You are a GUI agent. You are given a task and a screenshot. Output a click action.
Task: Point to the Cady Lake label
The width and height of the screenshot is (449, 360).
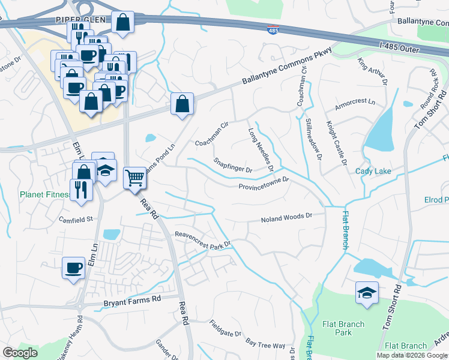tap(373, 172)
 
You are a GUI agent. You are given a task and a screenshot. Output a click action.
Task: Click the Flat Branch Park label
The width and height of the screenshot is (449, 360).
tap(343, 328)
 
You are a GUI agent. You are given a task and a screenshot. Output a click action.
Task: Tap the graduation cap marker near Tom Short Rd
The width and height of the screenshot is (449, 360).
tap(367, 293)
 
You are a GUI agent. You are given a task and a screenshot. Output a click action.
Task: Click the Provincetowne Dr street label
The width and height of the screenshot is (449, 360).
tap(264, 182)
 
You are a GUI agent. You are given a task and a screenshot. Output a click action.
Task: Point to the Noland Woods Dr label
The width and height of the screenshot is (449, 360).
tap(287, 219)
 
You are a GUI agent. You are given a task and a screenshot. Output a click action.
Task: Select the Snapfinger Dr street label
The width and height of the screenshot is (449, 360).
tap(233, 166)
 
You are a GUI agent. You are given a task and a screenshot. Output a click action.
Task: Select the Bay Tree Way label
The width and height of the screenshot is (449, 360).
tap(266, 346)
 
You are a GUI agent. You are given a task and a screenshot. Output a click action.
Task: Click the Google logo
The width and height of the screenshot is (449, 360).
tap(20, 353)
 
